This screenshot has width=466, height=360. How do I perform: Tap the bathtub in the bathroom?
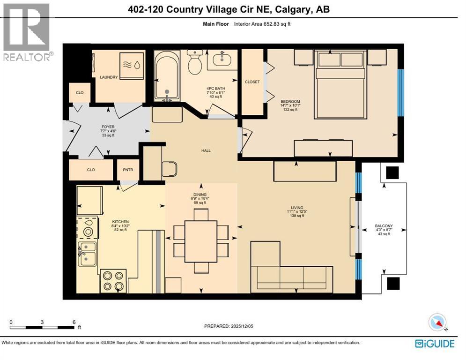166,75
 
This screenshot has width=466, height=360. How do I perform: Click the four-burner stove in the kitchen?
113,281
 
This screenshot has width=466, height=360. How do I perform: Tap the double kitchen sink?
87,254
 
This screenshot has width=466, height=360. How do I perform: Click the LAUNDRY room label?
109,77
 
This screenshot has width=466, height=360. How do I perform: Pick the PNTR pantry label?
128,170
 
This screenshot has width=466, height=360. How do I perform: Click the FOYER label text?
108,127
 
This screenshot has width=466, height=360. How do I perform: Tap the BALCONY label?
384,226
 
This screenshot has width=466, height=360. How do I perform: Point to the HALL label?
206,150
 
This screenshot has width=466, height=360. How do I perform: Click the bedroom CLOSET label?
252,82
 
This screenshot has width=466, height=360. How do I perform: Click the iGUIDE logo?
434,344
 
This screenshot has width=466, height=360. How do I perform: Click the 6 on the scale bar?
74,322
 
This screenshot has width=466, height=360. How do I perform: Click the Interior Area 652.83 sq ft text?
263,24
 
